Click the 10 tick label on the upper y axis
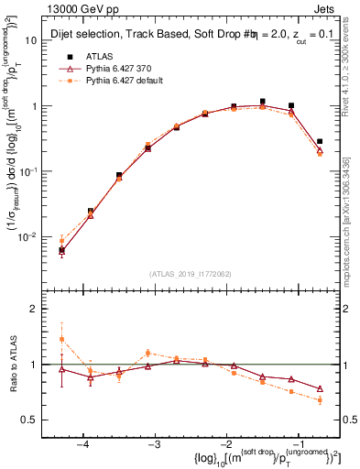point(30,41)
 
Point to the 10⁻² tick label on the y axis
point(28,236)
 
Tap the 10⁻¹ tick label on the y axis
point(28,171)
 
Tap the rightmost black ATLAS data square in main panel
point(320,142)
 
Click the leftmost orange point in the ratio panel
point(61,339)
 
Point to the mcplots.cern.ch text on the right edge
point(352,234)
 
